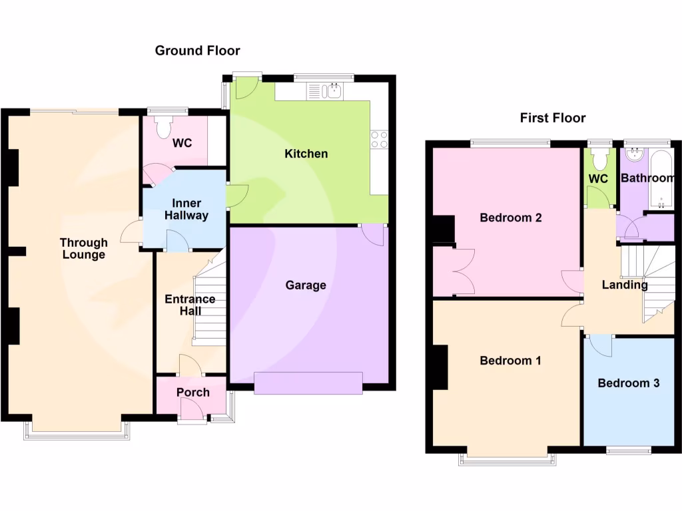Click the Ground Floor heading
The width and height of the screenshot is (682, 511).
tap(197, 51)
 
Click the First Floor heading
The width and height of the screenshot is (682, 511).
tap(553, 118)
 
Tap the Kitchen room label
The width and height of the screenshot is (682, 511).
tap(306, 154)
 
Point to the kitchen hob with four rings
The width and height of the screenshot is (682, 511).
tap(379, 139)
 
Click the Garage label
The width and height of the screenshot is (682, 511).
tap(306, 285)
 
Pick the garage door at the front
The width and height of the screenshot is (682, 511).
tap(308, 383)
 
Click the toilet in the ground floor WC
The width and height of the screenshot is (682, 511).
tap(163, 127)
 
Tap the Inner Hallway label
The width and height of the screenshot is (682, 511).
tap(190, 209)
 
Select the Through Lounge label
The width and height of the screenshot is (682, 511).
tap(83, 248)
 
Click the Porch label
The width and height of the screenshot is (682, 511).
tap(193, 392)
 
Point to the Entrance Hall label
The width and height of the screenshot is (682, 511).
tap(190, 305)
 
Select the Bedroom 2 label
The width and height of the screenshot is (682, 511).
tap(511, 218)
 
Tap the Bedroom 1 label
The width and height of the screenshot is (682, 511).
tap(510, 361)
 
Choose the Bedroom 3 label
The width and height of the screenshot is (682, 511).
tap(628, 383)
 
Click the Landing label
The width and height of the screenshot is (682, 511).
tap(625, 285)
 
